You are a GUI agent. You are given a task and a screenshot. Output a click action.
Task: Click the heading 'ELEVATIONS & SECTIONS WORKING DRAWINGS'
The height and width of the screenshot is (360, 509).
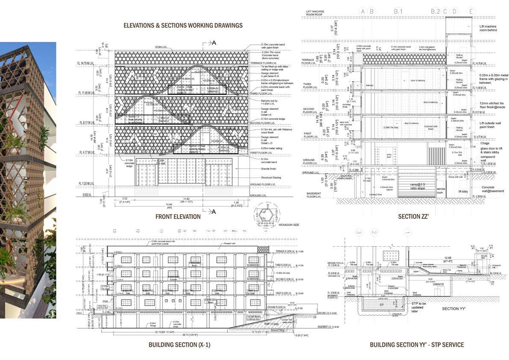click(x=183, y=26)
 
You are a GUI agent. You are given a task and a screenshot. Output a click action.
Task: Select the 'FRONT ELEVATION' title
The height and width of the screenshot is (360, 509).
click(x=178, y=217)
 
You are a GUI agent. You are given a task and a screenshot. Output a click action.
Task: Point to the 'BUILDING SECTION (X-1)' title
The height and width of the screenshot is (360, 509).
click(x=179, y=345)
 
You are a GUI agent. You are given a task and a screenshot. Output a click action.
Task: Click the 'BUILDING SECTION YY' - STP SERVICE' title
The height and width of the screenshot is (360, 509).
click(x=417, y=345)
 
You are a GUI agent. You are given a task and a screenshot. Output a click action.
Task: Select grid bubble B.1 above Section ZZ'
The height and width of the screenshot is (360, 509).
click(x=398, y=11)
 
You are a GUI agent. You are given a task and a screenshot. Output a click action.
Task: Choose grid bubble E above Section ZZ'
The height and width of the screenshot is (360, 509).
click(x=471, y=11)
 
